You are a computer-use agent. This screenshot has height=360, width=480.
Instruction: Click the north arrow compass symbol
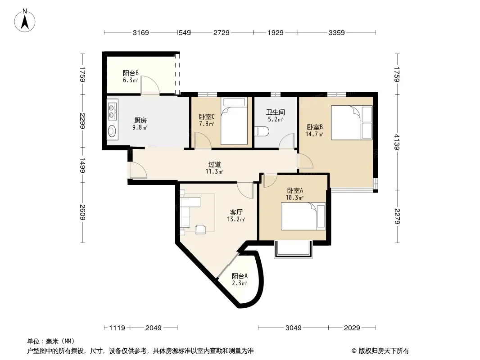tap(25, 21)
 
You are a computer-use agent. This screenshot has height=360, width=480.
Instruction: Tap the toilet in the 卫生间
tap(262, 131)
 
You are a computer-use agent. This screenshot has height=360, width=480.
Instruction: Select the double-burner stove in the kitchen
tap(113, 111)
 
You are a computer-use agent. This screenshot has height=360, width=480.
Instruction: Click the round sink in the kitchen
tap(112, 131)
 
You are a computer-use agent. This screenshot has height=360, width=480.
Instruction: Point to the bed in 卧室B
tap(352, 123)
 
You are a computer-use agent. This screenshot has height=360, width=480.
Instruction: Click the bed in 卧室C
tap(234, 121)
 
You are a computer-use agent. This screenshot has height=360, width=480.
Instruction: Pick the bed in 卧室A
tap(303, 216)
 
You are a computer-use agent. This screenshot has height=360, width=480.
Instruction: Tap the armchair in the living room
tap(200, 229)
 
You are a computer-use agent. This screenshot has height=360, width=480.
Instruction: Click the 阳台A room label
tap(240, 276)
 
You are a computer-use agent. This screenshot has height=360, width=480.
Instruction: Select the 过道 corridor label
tap(214, 165)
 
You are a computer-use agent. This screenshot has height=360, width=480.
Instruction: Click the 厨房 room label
tap(140, 121)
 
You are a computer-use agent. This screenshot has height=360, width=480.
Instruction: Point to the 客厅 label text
tap(236, 212)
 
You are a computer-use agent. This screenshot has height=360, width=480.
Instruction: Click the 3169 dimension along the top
tap(141, 32)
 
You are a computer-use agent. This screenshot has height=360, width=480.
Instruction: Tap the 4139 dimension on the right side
tap(397, 142)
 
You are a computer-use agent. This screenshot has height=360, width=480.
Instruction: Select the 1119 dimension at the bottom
tap(117, 328)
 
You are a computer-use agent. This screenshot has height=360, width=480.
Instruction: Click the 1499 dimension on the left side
tap(82, 165)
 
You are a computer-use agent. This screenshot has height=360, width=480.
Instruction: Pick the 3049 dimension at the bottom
tap(294, 328)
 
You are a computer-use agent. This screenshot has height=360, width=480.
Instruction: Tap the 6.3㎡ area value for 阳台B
tap(131, 80)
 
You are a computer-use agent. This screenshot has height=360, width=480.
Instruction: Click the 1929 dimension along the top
tap(276, 32)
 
